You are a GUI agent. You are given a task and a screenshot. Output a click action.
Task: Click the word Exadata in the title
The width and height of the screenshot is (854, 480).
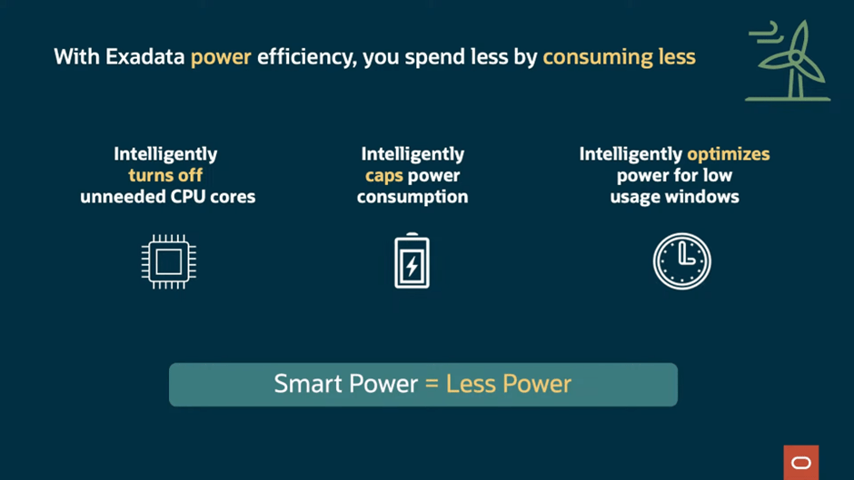[x=144, y=56]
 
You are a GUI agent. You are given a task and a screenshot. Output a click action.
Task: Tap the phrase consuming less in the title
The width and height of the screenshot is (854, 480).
[x=620, y=57]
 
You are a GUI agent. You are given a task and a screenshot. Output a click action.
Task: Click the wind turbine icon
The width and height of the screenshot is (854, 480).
[x=788, y=61]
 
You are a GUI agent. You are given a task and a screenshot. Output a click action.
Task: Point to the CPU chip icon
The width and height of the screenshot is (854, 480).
[x=169, y=261]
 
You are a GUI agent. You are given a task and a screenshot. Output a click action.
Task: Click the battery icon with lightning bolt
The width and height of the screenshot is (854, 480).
[x=412, y=260]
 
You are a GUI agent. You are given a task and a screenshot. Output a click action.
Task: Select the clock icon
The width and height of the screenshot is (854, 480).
[x=682, y=261]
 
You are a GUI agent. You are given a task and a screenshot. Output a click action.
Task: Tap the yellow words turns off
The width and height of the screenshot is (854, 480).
[x=165, y=175]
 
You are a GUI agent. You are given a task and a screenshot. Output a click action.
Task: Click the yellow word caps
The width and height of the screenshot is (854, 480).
[x=384, y=176]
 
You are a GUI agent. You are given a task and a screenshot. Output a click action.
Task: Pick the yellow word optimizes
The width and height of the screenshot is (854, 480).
[x=729, y=154]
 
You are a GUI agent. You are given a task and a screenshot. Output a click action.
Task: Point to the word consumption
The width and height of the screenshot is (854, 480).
[x=412, y=198]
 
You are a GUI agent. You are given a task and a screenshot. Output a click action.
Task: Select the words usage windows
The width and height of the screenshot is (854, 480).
[x=674, y=197]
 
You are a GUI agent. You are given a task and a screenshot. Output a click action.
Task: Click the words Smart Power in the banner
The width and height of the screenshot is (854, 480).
[x=346, y=384]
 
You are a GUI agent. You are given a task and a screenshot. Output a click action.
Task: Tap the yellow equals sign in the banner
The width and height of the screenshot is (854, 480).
[x=432, y=384]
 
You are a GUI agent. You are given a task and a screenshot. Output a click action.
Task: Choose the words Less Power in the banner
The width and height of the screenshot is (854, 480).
[x=509, y=384]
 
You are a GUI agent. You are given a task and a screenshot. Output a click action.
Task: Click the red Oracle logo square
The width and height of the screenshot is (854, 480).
[x=801, y=463]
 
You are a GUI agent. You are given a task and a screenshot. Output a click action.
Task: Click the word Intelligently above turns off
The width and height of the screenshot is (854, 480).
[x=165, y=154]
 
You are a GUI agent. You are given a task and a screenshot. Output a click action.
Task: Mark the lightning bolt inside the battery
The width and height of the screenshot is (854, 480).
[x=412, y=266]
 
